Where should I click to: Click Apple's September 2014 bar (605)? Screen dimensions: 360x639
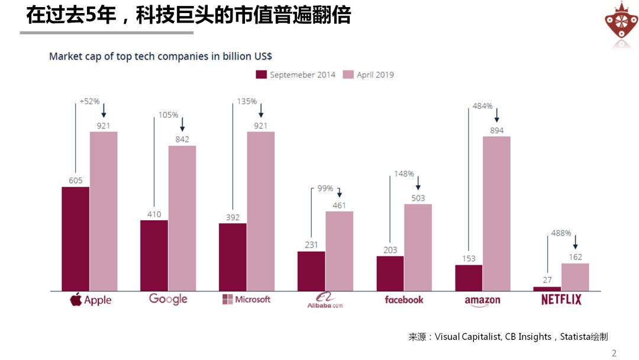75,239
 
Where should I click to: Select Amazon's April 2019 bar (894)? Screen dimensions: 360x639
496,213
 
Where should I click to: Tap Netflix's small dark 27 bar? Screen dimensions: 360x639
547,288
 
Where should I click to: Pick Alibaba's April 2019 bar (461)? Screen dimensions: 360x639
339,251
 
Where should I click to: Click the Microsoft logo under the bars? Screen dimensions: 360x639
246,300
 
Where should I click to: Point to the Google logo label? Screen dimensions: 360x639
168,299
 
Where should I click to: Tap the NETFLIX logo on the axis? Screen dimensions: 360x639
561,300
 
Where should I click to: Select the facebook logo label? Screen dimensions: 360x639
404,300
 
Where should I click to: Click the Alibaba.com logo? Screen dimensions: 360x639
325,300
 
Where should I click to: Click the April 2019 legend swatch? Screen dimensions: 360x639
348,75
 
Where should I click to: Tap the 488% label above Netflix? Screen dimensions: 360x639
561,233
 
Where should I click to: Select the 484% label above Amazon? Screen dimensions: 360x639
482,106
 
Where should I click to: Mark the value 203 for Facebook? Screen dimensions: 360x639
390,250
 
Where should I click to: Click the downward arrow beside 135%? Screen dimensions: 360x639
261,110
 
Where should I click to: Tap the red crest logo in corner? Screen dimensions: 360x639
621,24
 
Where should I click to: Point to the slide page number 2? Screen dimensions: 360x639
614,353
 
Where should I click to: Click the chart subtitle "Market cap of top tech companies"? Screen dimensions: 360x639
160,56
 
